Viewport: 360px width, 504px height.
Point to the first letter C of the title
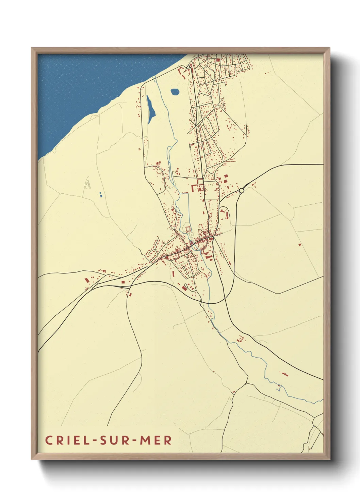point(49,440)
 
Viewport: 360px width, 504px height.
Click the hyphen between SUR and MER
point(135,441)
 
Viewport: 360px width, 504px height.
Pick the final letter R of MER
point(168,440)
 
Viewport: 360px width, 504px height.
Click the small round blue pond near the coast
point(175,92)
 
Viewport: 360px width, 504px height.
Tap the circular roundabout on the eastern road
point(242,191)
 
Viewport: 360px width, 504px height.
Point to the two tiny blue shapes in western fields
point(100,194)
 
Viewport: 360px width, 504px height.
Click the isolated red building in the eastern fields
point(299,245)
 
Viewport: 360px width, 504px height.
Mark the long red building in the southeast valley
point(284,374)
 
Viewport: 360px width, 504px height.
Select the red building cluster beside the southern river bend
point(241,339)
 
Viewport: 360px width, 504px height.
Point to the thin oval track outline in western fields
point(88,184)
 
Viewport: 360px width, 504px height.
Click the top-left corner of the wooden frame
point(32,48)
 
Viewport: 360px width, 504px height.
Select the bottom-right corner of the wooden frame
point(329,459)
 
